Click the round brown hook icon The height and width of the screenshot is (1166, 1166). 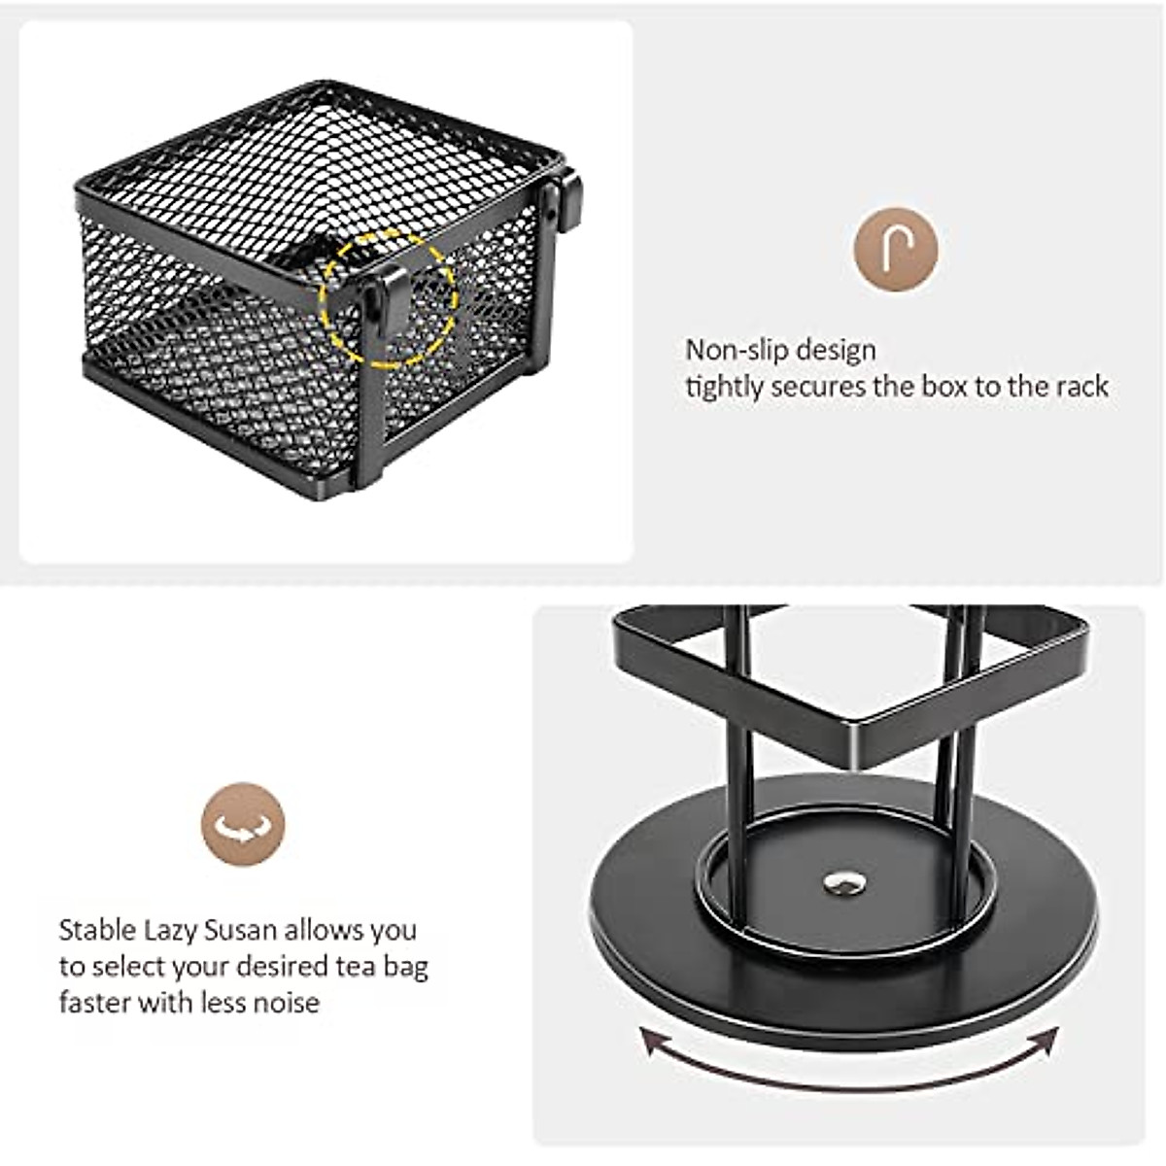coord(895,249)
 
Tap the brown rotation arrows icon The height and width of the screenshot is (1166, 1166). coord(243,826)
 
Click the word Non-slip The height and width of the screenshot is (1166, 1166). coord(734,350)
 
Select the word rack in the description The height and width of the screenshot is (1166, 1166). coord(1079,387)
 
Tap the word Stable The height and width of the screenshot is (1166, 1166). coord(97,930)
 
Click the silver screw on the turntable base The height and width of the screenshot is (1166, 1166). coord(842,882)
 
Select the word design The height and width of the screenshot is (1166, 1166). coord(834,350)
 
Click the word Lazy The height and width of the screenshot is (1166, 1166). coord(171,930)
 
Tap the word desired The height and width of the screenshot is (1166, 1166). coord(291,967)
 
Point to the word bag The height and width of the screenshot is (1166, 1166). coord(406,967)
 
